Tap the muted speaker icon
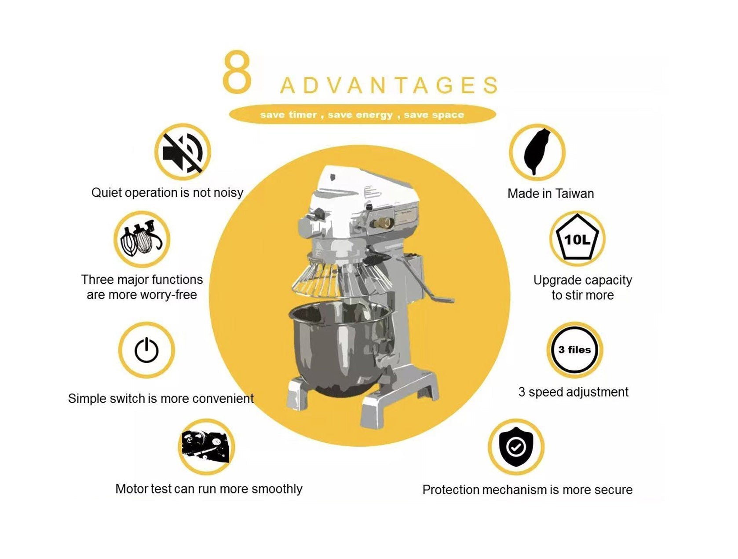click(x=182, y=152)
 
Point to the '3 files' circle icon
click(x=574, y=350)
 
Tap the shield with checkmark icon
click(x=516, y=447)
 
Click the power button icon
click(x=146, y=350)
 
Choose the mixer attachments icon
click(x=142, y=239)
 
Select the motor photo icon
click(x=206, y=447)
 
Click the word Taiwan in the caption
click(x=574, y=193)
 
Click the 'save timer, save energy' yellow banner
click(x=362, y=115)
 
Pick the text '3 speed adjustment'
click(x=573, y=392)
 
